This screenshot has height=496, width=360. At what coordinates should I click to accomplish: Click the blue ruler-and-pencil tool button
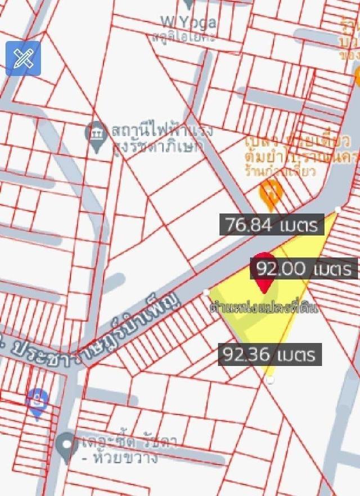[23, 58]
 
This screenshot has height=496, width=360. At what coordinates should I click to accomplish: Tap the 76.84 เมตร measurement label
[272, 225]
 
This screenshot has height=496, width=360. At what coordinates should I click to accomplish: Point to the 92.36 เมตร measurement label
[270, 355]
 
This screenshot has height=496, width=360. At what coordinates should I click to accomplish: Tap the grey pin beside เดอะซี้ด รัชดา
[67, 448]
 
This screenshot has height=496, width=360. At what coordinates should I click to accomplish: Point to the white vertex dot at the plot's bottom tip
[271, 381]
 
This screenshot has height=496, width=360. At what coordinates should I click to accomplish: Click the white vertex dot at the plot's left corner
[206, 292]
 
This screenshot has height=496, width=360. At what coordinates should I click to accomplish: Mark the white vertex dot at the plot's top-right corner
[337, 209]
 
